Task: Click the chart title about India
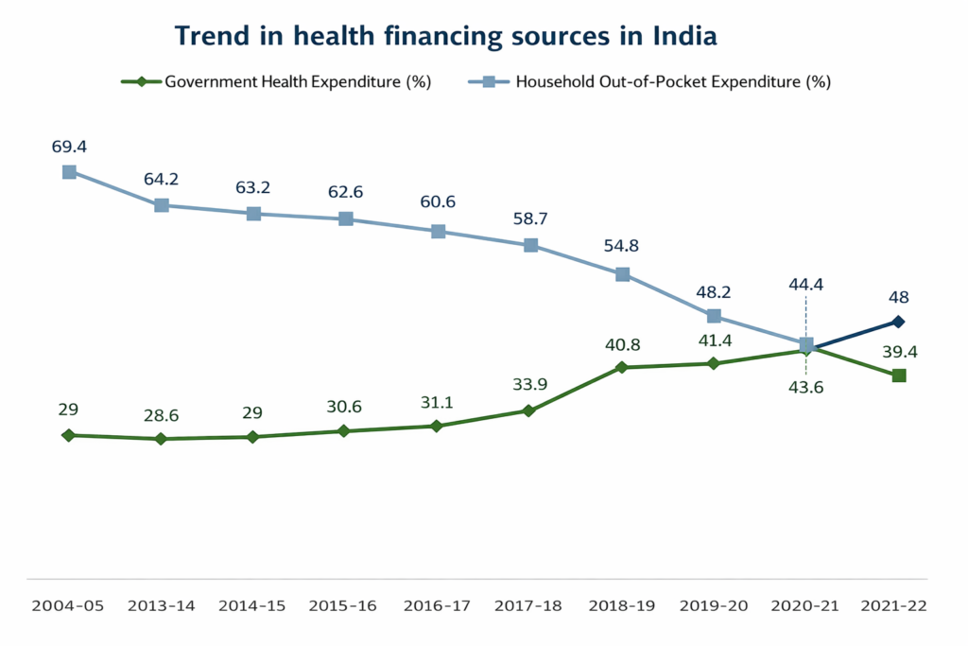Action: pos(446,36)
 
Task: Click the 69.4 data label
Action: pos(69,148)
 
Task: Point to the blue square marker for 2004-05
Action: pos(69,172)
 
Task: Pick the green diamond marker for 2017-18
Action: pos(529,410)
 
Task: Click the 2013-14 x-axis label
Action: pos(162,605)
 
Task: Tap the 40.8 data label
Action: pos(621,343)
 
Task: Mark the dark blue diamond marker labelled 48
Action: pos(899,322)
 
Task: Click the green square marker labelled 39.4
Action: pos(899,375)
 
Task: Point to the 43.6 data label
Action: pos(805,386)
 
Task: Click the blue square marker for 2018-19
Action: pos(622,274)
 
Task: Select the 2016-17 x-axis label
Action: pos(438,605)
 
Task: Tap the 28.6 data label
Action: pos(162,415)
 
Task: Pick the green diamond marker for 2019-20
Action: pos(714,363)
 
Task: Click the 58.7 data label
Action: pos(530,219)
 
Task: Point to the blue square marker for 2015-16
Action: pos(346,219)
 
